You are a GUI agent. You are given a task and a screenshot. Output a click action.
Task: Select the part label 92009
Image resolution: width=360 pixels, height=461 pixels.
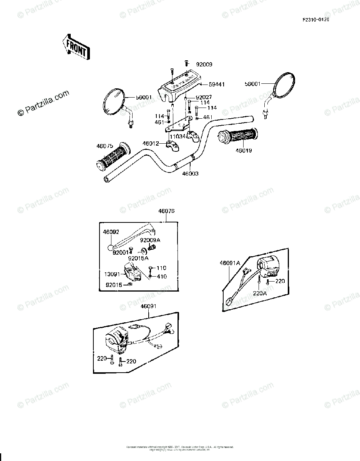point(204,65)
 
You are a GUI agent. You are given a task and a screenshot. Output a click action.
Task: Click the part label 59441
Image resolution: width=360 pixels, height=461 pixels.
point(217,84)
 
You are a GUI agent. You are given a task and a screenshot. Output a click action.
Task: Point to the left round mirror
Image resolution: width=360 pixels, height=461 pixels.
point(114,102)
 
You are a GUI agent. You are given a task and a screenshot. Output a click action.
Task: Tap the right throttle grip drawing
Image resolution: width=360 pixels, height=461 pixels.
point(238,137)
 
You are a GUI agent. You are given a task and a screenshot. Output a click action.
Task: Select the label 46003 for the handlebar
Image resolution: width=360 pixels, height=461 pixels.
point(191,174)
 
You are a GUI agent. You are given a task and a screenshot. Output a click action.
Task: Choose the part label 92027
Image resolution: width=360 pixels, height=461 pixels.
point(204,97)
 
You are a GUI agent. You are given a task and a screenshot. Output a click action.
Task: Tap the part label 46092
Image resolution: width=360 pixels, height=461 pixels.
point(111,232)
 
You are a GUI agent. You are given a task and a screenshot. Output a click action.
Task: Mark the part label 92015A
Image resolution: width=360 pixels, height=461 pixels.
point(138,258)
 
